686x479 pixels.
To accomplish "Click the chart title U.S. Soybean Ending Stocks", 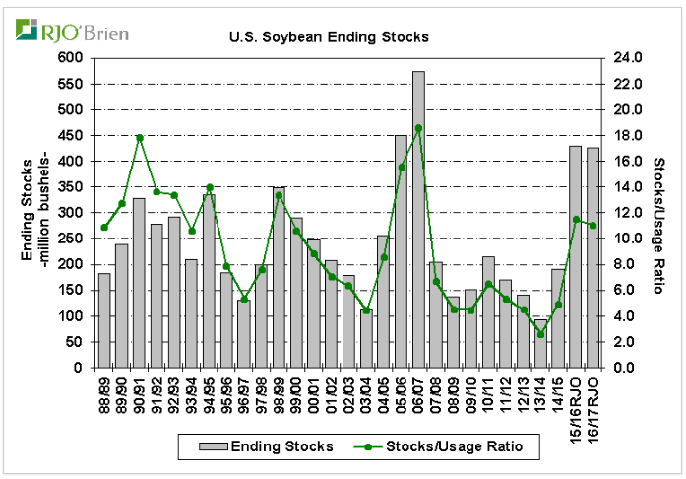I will (x=329, y=37).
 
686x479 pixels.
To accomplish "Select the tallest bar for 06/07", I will (x=418, y=220).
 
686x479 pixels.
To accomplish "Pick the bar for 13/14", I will (x=540, y=344).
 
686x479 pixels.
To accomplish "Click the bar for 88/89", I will (x=104, y=321).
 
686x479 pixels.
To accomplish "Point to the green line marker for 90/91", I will (x=139, y=138).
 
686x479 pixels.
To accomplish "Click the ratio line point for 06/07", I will (x=418, y=128).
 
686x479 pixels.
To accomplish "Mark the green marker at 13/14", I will (x=540, y=335).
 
